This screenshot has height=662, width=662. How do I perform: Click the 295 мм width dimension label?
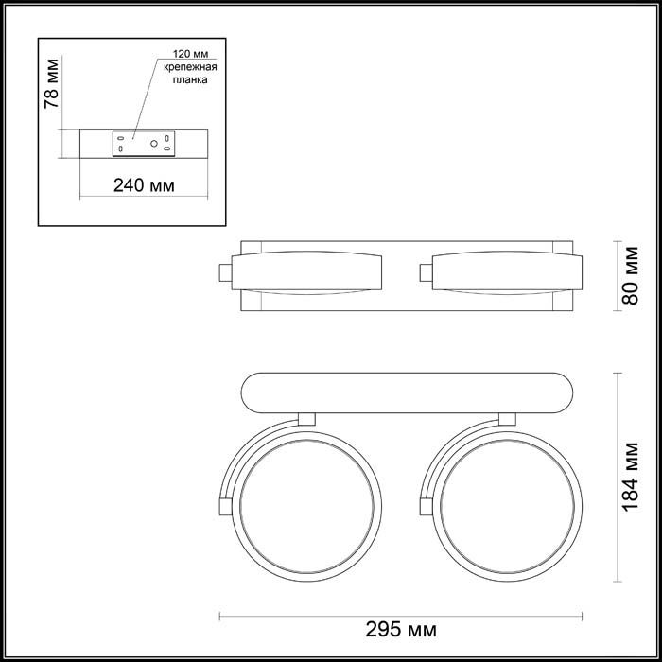pos(401,630)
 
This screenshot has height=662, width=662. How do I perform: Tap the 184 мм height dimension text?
pos(631,477)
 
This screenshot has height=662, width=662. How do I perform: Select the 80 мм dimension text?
pos(631,276)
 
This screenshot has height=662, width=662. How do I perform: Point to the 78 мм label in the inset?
pos(52,83)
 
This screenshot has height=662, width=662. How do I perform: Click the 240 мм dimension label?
pos(144,185)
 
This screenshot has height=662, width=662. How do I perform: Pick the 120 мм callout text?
pos(190,54)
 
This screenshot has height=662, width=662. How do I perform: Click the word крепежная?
pos(190,67)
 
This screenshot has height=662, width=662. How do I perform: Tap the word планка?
pos(190,79)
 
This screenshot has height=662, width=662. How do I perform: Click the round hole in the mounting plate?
pos(154,144)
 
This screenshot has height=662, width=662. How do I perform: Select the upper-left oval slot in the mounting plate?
pos(121,138)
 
